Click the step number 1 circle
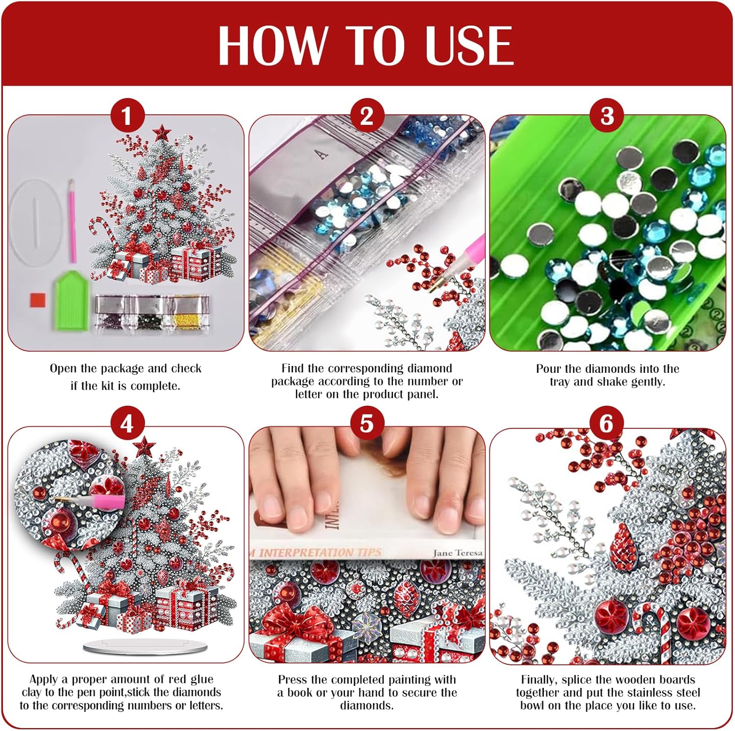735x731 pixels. point(127,116)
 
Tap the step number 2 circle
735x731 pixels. point(367,116)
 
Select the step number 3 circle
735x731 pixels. point(607,116)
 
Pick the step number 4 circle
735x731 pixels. point(127,424)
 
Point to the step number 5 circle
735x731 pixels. point(367,424)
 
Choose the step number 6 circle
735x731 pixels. point(607,424)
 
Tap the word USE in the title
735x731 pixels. point(469,45)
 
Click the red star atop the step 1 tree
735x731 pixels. point(161,132)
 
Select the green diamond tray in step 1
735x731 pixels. point(72,299)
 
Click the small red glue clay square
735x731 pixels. point(38,300)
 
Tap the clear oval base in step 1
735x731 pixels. point(35,223)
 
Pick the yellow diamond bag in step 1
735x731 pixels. point(188,314)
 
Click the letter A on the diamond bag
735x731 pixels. point(321,155)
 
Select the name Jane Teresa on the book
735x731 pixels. point(458,553)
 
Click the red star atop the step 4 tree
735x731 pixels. point(145,446)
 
